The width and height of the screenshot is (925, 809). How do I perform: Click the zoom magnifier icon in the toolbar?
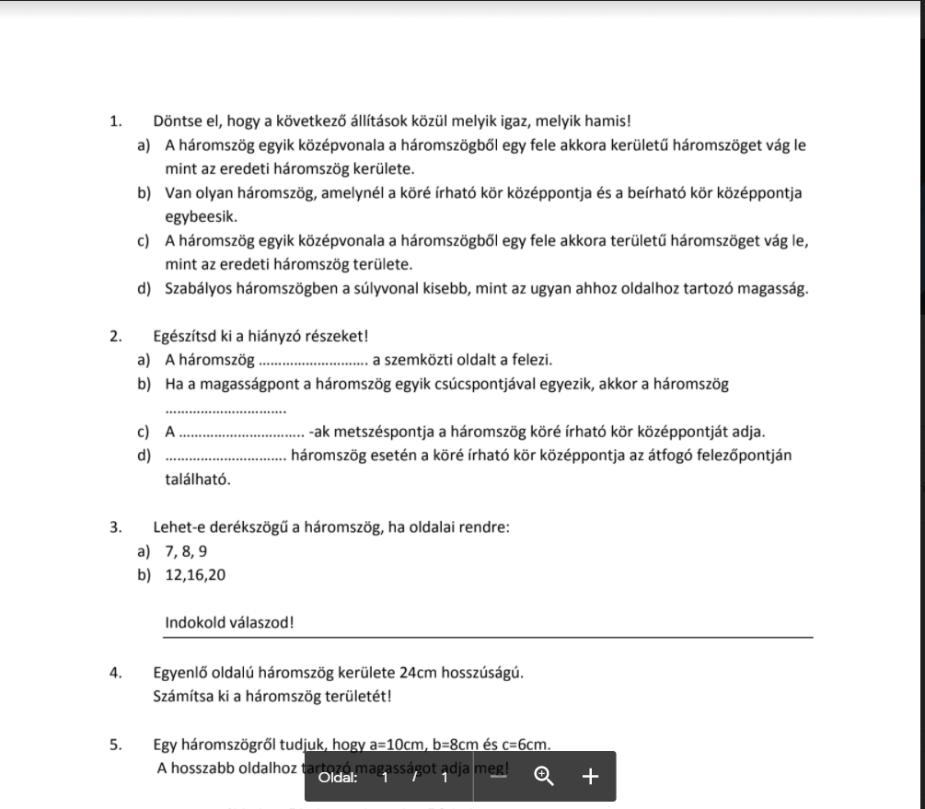click(x=544, y=777)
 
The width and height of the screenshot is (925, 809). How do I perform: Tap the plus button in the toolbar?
click(x=590, y=777)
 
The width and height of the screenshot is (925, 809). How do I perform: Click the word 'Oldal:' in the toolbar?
click(x=339, y=778)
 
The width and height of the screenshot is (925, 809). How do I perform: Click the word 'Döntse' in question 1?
click(x=177, y=121)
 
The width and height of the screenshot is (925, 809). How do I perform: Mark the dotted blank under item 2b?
click(x=225, y=410)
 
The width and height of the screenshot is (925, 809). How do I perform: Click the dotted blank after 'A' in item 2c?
click(x=241, y=433)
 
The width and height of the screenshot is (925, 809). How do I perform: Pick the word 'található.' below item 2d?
click(x=198, y=480)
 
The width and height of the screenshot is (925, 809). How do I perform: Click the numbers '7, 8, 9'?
click(x=186, y=551)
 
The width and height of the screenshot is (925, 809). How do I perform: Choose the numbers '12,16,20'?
click(x=195, y=575)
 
